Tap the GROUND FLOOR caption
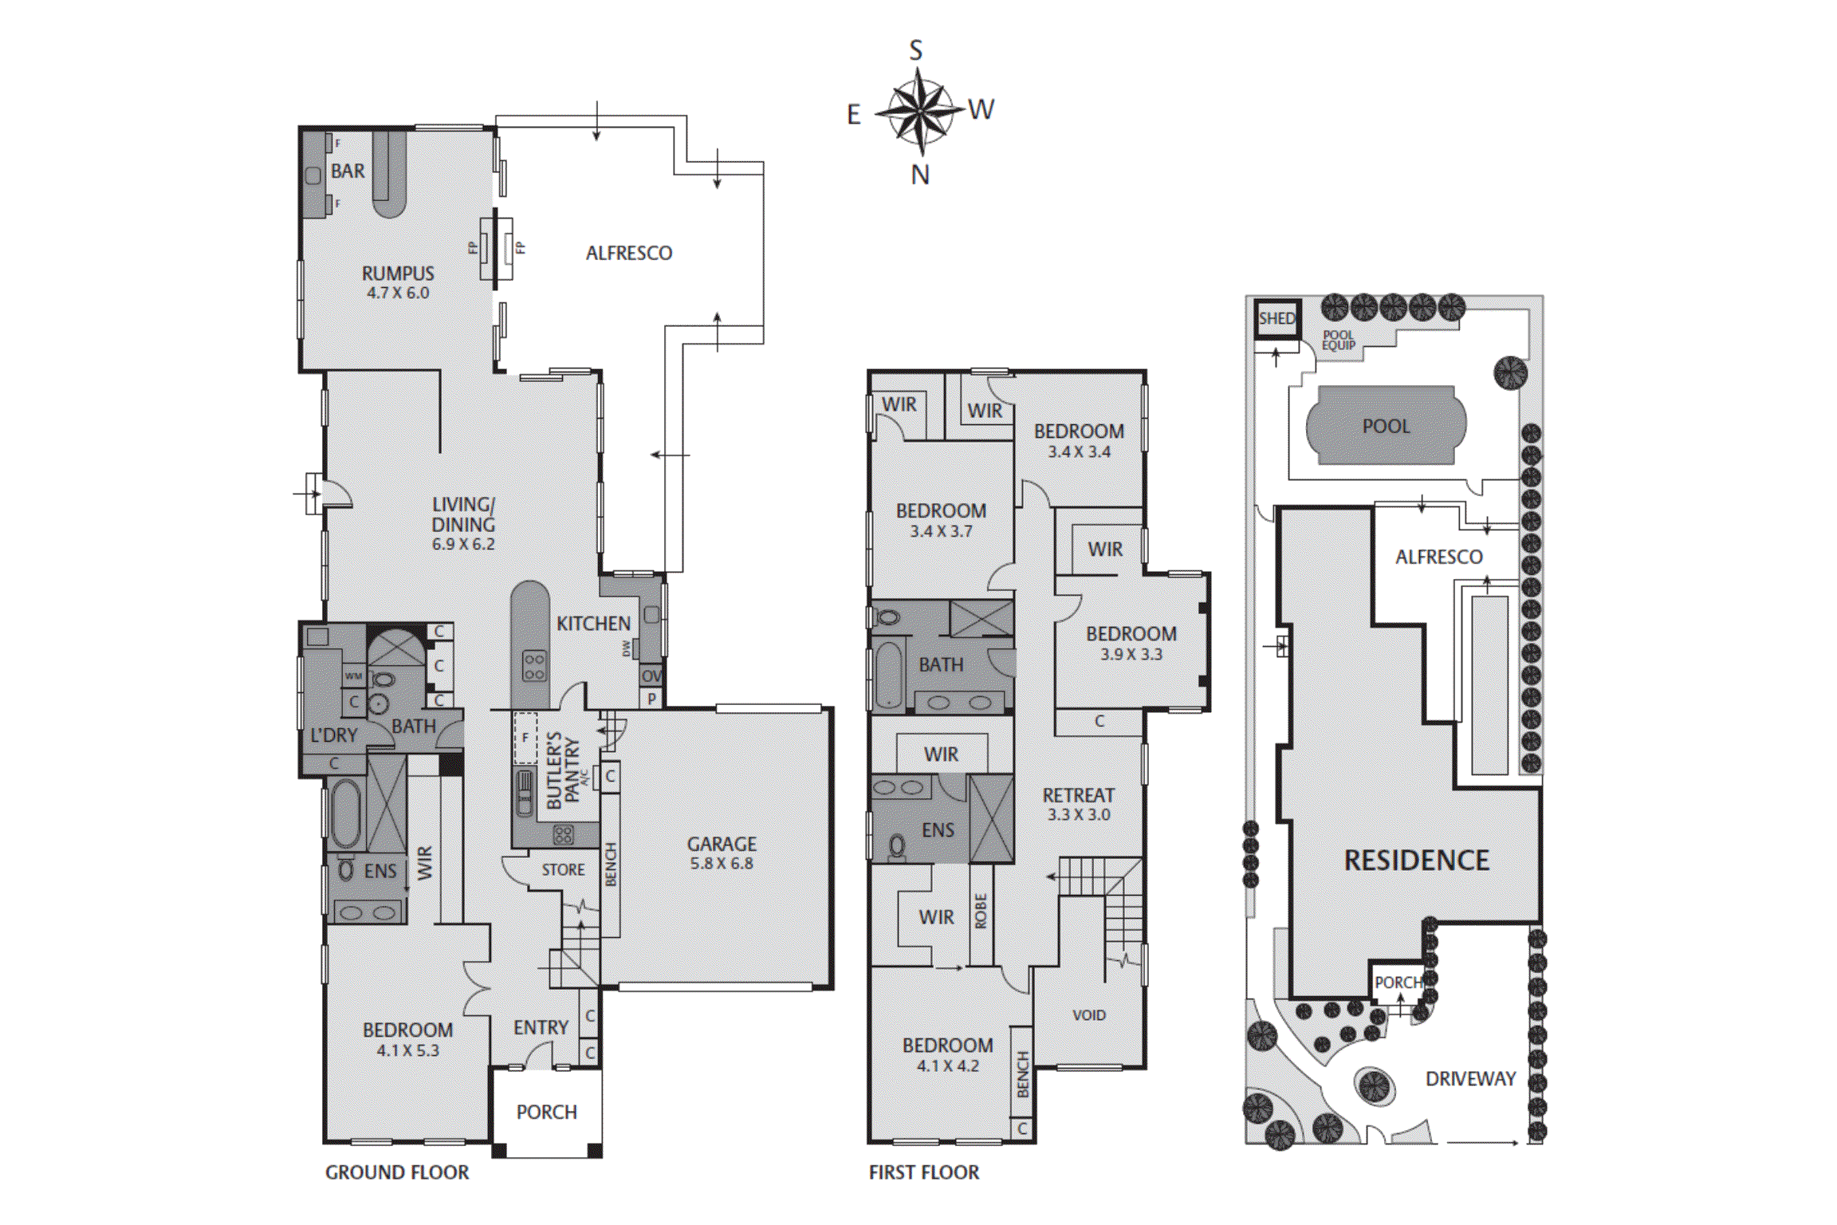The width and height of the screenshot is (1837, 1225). pos(396,1172)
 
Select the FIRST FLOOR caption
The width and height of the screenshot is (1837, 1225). pos(923,1172)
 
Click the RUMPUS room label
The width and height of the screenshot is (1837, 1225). pos(398,274)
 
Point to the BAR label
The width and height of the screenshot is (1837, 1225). pos(348,171)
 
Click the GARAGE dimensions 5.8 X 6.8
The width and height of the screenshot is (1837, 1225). pos(721,863)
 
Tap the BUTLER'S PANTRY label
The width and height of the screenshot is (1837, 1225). pos(563,770)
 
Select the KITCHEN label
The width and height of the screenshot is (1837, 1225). pos(593,624)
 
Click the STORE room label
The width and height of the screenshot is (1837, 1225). pos(563,869)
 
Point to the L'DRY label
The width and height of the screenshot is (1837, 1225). pos(334,735)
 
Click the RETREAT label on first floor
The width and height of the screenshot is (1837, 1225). pos(1078,795)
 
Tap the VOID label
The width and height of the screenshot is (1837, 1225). pos(1088,1014)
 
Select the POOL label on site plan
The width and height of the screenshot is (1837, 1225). pos(1386,426)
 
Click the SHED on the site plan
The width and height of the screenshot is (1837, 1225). pos(1276,318)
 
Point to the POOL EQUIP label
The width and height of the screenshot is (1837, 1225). pos(1339,341)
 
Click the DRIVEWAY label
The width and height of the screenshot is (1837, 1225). pos(1470,1078)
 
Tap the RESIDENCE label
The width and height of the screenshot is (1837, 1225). pos(1416,860)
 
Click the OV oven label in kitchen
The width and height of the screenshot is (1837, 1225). pos(651,676)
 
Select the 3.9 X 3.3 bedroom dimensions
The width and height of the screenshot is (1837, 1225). pos(1131,654)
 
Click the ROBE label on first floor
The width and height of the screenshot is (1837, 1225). pos(981,911)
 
